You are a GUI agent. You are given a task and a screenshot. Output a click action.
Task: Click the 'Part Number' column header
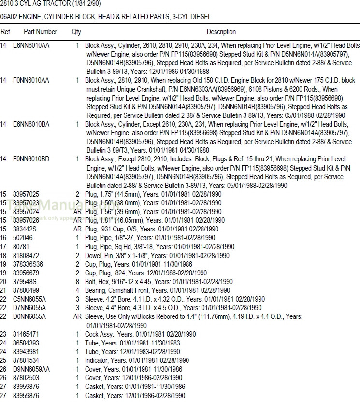[41, 32]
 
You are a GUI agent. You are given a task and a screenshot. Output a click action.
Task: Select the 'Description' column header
[221, 32]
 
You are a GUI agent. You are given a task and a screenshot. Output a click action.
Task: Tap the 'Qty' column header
[76, 32]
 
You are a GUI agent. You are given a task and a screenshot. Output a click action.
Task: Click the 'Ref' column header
[5, 32]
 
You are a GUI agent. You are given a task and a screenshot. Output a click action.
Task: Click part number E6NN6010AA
[31, 45]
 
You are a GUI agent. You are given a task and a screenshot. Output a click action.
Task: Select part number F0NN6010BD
[31, 159]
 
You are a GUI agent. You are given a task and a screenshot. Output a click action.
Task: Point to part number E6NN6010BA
[31, 124]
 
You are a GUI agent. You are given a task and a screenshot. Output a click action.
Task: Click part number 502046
[23, 238]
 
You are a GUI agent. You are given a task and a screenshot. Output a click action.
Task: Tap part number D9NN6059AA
[31, 369]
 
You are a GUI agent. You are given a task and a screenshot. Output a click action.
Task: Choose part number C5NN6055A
[29, 299]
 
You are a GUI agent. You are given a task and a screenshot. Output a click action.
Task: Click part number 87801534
[26, 360]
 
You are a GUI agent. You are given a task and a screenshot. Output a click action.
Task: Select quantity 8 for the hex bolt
[77, 282]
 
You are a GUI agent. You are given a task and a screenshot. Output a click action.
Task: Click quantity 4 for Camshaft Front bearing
[77, 290]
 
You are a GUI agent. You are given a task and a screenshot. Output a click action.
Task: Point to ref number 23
[4, 334]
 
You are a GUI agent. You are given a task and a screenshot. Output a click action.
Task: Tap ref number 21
[4, 290]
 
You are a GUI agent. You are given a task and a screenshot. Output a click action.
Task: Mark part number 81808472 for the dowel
[26, 255]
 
